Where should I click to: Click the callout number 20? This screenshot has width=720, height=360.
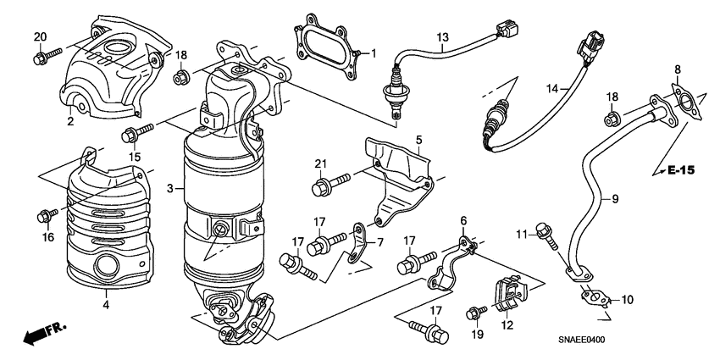[40, 36]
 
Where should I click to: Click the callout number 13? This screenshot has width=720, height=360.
[442, 38]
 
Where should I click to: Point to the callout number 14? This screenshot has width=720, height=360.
[551, 87]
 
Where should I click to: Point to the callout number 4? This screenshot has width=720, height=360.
[106, 303]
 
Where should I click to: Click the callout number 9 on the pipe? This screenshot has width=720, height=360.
[615, 198]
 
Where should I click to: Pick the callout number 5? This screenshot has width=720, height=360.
[418, 138]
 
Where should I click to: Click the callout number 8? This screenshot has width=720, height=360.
[677, 69]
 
